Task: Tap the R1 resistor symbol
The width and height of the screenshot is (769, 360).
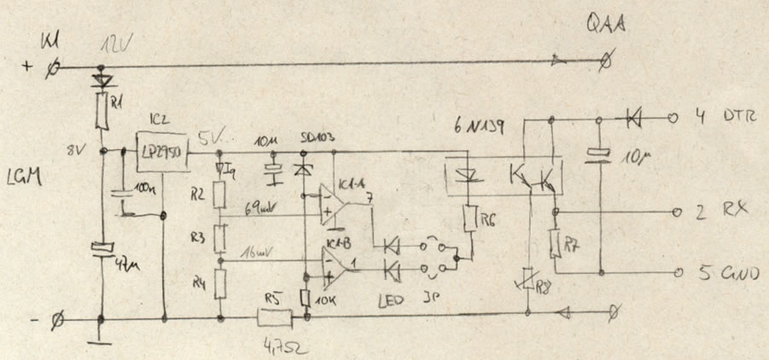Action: (x=103, y=110)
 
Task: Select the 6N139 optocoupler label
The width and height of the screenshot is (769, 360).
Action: (x=478, y=127)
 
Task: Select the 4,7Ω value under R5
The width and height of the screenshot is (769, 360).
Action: (x=281, y=347)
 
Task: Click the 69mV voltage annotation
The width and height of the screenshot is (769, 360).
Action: (x=260, y=206)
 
